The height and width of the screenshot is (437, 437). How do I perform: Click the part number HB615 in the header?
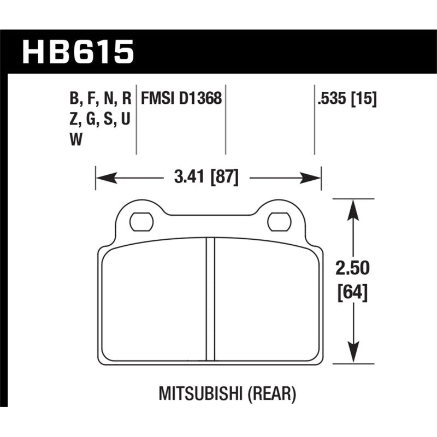coord(77,52)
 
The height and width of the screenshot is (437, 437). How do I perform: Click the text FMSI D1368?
coord(181,99)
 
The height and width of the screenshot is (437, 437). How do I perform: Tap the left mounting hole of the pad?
coord(140,221)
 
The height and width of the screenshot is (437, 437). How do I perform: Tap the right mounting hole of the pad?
coord(278,221)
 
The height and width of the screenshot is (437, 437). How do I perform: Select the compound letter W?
coord(76,140)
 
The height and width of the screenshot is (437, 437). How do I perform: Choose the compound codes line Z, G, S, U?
coord(99,120)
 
